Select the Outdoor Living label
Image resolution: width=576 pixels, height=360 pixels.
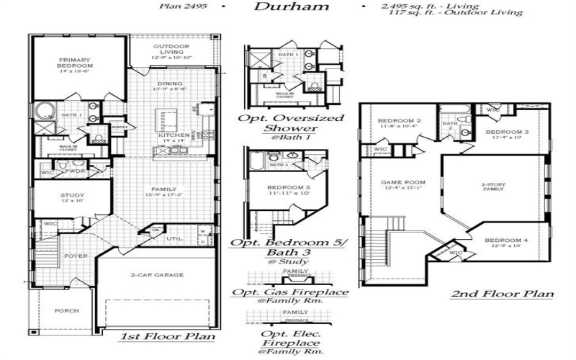pyautogui.click(x=171, y=51)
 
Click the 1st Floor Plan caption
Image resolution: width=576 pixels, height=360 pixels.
pyautogui.click(x=158, y=336)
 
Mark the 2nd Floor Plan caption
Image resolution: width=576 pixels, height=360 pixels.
pyautogui.click(x=502, y=294)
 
